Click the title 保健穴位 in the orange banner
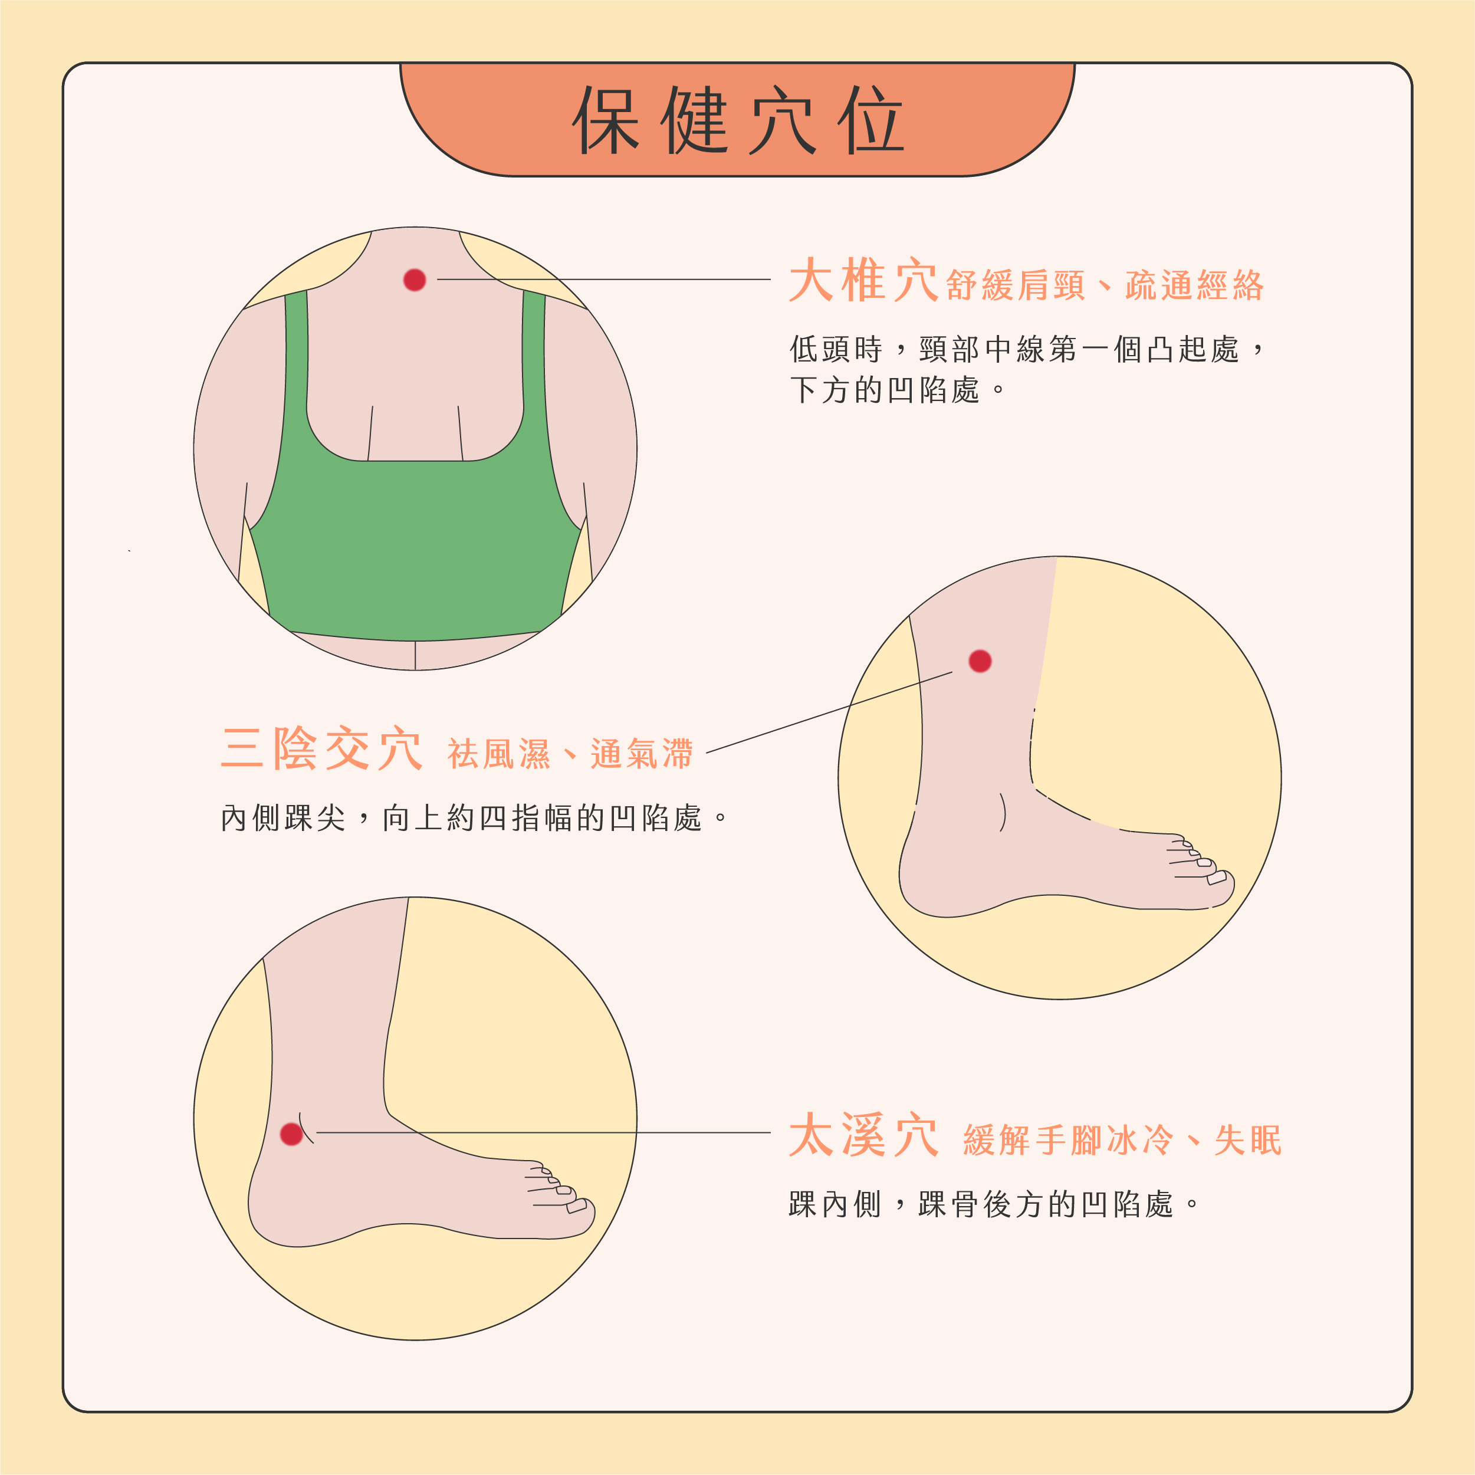click(737, 120)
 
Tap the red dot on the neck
click(415, 280)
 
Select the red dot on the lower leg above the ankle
click(980, 661)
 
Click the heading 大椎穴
click(863, 281)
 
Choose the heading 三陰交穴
click(321, 749)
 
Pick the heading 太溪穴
click(863, 1136)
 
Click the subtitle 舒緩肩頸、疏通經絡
click(1105, 285)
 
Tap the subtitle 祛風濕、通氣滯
click(570, 754)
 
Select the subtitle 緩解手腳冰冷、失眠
click(1122, 1141)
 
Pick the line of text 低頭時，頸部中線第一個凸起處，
click(1027, 350)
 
